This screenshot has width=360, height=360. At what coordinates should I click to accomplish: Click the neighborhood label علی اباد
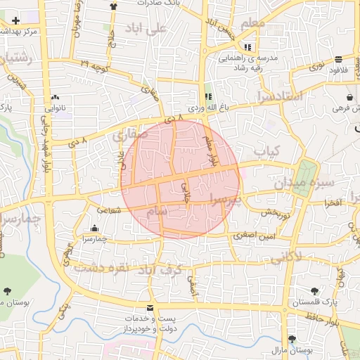pos(146,29)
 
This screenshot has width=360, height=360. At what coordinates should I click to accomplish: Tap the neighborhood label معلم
pos(252,24)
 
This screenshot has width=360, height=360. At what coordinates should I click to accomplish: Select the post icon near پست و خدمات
pos(149,308)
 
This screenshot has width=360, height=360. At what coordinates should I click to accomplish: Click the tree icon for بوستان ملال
pos(292,339)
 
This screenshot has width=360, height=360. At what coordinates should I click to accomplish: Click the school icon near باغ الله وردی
pos(207,96)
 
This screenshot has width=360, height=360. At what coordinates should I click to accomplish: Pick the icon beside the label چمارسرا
pos(95,228)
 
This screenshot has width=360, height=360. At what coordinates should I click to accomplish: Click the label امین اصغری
pos(250,237)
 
